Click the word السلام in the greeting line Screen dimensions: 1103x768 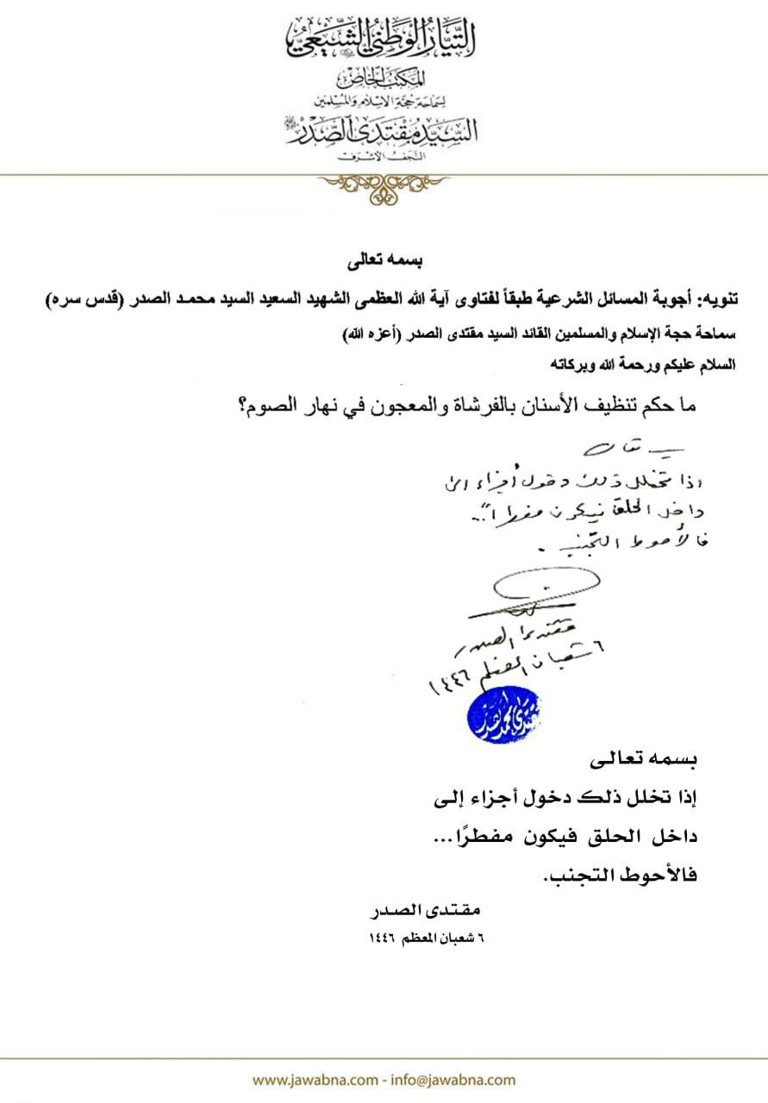click(x=714, y=365)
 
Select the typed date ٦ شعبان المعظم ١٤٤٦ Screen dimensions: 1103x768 click(x=428, y=938)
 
